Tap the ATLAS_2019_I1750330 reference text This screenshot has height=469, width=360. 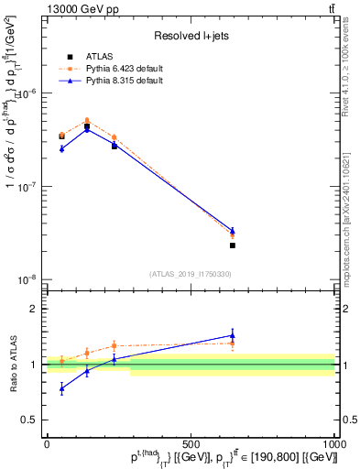point(190,274)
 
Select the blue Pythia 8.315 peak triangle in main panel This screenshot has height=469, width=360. point(113,129)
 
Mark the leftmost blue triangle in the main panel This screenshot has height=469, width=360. point(61,148)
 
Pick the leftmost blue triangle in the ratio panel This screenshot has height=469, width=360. point(61,388)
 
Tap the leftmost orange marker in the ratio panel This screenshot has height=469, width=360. point(61,361)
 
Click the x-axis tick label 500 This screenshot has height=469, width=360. point(191,443)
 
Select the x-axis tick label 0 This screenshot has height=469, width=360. point(47,443)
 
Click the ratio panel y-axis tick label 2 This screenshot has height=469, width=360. point(34,309)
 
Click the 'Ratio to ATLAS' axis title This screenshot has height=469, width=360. point(10,364)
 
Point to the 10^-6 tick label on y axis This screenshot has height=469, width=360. point(26,93)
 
